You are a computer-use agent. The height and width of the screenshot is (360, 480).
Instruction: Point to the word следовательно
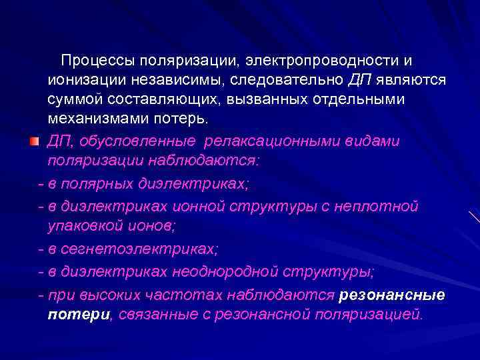pyautogui.click(x=293, y=81)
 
